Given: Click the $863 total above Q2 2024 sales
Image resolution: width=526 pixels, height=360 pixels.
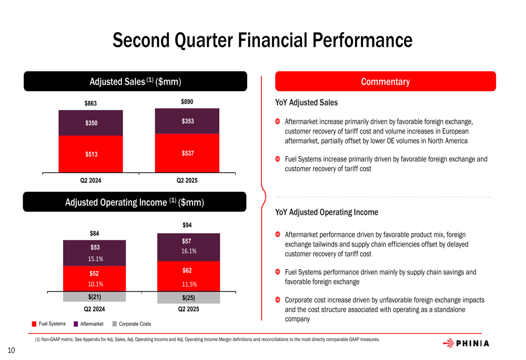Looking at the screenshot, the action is coord(90,103).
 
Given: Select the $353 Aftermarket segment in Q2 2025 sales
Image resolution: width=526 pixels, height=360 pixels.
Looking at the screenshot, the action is coord(187,121).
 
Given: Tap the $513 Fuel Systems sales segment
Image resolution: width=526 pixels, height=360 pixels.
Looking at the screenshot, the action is coord(90,154).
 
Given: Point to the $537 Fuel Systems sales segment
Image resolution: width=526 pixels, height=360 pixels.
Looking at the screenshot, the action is coord(187,153).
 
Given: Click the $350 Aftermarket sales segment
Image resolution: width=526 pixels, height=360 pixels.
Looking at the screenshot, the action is coord(90,123).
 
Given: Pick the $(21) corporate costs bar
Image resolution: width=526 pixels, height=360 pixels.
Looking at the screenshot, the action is coord(94,296).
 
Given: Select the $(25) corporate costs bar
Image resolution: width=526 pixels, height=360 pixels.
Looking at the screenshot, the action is coord(188,297).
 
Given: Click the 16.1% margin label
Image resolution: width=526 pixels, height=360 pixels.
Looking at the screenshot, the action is coord(189,251).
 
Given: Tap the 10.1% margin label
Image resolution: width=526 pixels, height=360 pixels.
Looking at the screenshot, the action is coord(96,284).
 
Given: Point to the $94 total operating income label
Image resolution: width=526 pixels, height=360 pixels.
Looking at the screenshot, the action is coord(187,225).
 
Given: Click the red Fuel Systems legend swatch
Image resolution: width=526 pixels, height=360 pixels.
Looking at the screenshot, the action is coord(34,324).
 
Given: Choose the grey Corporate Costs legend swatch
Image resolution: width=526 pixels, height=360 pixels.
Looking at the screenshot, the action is coord(115,324).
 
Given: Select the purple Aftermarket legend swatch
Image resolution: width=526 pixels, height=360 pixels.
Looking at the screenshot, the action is coord(76,324).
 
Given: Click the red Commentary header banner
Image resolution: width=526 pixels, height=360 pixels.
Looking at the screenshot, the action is coord(386,81).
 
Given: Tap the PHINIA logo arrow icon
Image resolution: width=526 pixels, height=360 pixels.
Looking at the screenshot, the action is coord(449,343).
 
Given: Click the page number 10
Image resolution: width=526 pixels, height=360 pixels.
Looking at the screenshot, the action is coord(11,351).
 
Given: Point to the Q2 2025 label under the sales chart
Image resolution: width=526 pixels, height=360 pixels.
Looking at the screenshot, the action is coord(187,180).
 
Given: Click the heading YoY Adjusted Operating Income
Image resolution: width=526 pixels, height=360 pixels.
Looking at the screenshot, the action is coord(327,212).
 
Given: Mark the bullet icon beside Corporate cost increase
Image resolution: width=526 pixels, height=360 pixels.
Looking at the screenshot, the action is coord(277,300).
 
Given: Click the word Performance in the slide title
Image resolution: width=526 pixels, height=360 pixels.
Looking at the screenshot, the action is coord(362,40).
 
